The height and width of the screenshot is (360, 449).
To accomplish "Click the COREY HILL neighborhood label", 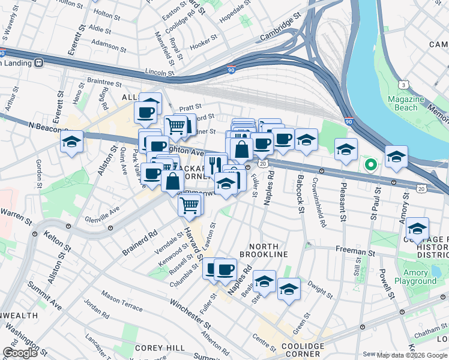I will [x=155, y=347].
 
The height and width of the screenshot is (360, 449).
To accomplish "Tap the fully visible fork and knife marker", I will [x=215, y=164].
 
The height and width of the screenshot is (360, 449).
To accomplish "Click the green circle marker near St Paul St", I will [x=371, y=164].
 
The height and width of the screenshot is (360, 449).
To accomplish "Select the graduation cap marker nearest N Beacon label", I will [x=71, y=142].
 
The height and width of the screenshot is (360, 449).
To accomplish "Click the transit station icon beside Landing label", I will [x=39, y=62].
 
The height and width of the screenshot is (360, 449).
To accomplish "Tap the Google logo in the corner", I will [x=20, y=353].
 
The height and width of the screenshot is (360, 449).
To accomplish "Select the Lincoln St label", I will [x=159, y=71].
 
